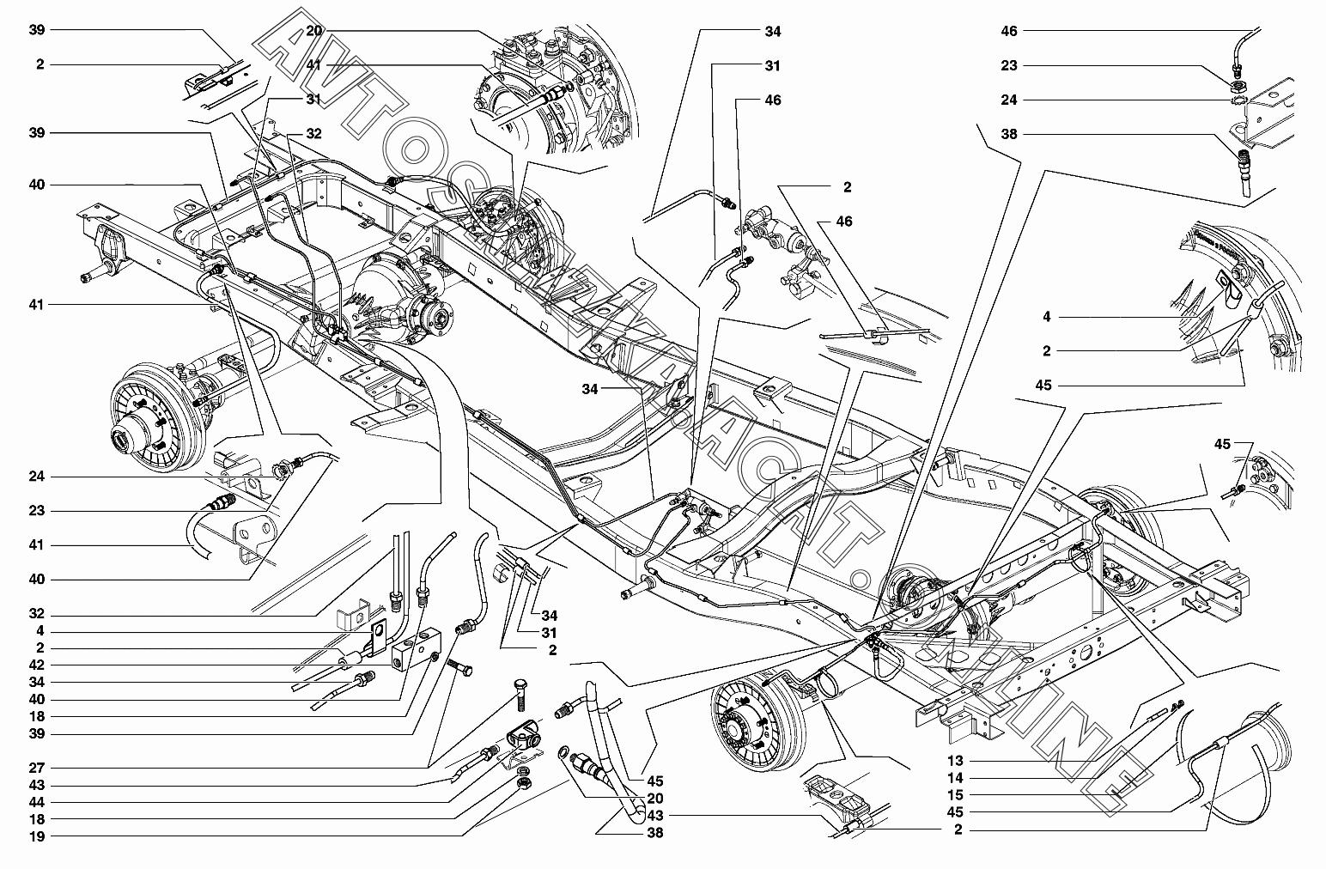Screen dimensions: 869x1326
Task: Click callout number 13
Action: pos(956,761)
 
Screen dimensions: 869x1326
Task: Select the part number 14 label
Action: pos(956,778)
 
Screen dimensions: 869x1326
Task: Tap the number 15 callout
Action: pos(956,795)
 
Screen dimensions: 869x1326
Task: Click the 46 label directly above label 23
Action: pos(1009,31)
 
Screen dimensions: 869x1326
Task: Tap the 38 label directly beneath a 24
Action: pos(1009,134)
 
